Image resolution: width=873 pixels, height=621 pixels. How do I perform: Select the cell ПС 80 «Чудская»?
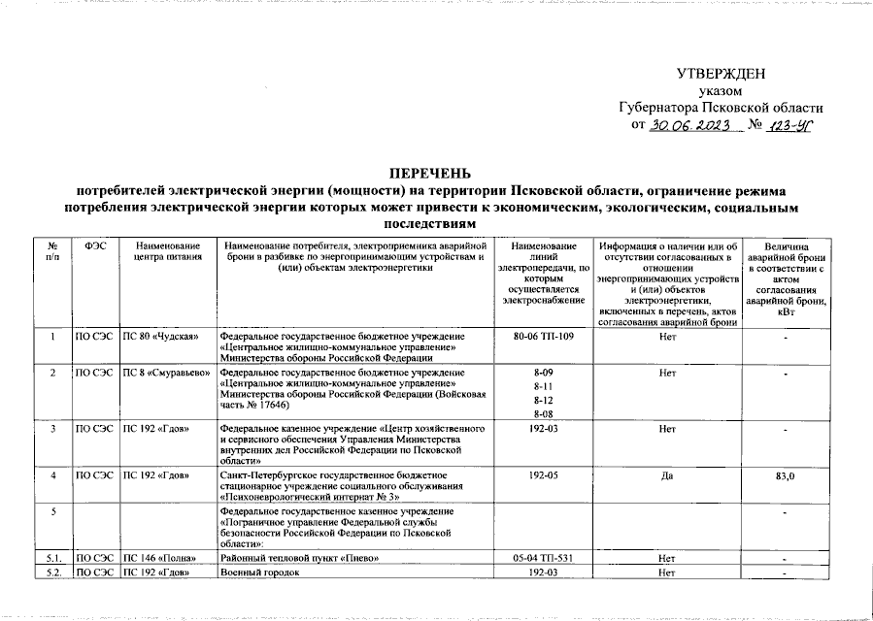click(161, 337)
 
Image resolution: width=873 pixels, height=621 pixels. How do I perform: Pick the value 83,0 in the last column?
click(786, 476)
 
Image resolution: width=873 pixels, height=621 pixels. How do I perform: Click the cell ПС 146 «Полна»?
click(161, 559)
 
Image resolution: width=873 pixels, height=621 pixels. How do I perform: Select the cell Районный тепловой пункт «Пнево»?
click(293, 559)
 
